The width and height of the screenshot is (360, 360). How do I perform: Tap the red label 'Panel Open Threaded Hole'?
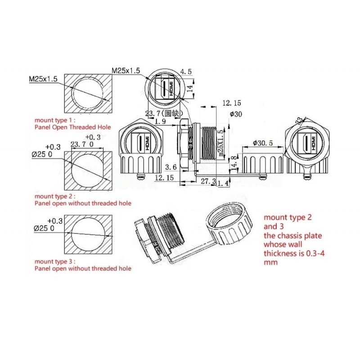[72, 127]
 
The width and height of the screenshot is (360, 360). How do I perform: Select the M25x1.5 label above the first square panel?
[44, 79]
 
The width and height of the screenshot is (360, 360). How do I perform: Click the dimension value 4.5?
[186, 71]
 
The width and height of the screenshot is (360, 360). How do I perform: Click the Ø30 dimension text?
[236, 114]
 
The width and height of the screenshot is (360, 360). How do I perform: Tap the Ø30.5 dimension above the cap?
[263, 143]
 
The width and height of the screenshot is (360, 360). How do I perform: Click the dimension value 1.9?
[160, 121]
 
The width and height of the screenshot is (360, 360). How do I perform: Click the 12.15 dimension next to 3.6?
[164, 178]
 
